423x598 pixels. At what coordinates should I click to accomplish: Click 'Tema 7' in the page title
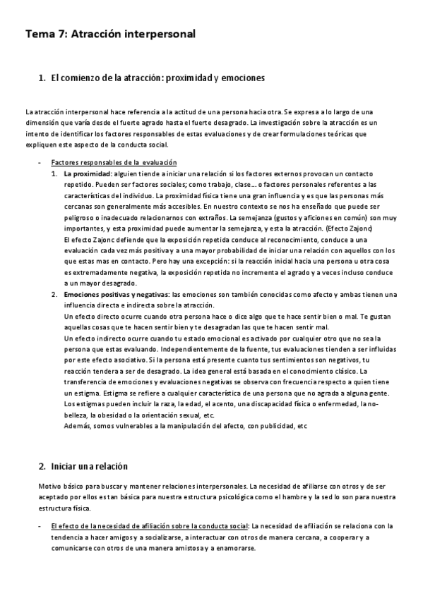coord(44,33)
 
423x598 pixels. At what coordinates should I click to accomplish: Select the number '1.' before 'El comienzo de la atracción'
coord(42,77)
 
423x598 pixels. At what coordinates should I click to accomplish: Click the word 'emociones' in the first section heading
coord(242,77)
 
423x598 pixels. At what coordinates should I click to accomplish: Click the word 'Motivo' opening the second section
coord(35,487)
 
